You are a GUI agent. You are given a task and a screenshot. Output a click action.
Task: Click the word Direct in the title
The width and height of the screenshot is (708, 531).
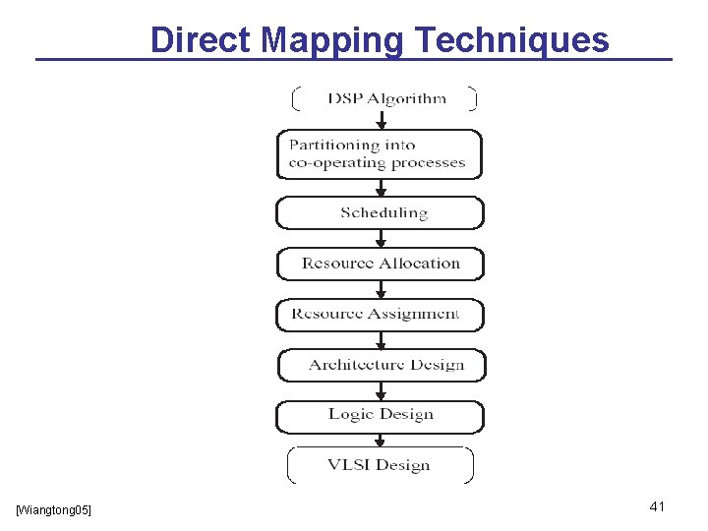point(203,40)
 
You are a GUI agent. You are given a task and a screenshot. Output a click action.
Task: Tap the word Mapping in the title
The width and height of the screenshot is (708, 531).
point(333,40)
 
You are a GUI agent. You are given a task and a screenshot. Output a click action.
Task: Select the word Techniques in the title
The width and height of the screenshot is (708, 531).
point(512,40)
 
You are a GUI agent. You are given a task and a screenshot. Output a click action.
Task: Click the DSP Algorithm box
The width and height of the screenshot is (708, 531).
point(384,98)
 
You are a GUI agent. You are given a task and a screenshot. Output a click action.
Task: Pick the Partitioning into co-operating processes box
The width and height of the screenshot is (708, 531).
point(380,154)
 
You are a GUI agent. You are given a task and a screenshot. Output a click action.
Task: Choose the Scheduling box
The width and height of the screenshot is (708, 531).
point(381,212)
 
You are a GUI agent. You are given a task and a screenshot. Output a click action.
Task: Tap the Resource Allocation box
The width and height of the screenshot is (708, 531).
point(381,264)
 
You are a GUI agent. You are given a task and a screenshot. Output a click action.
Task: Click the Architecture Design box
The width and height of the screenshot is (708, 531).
point(382,365)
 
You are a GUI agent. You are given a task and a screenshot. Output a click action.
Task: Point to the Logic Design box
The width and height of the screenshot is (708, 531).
point(380,416)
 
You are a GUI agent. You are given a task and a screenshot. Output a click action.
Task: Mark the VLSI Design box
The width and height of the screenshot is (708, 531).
point(380,465)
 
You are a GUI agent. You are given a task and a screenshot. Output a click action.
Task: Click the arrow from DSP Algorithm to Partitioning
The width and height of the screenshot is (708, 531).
point(382,120)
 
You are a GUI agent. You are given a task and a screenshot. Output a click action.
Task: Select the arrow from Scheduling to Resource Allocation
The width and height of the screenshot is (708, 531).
point(382,238)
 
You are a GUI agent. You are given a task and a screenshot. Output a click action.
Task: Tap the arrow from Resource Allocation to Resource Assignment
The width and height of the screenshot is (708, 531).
point(382,289)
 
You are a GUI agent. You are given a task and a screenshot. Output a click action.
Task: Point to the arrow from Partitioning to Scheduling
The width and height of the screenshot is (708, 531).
point(382,188)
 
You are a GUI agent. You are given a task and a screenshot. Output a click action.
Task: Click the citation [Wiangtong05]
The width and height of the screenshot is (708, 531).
point(54,509)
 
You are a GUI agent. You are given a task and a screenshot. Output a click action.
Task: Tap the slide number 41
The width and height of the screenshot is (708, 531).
point(658,506)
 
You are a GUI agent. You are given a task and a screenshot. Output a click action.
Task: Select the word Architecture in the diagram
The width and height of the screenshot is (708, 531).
point(354,365)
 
